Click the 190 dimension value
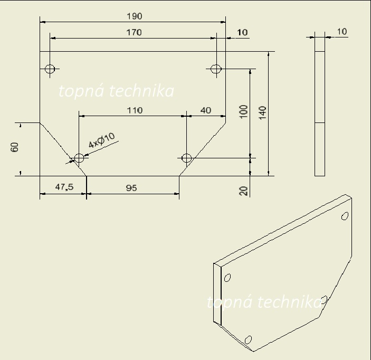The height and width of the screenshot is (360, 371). click(135, 16)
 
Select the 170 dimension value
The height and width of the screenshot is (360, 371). click(134, 32)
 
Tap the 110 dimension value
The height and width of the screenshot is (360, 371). click(135, 110)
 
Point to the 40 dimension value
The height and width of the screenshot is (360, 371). click(206, 110)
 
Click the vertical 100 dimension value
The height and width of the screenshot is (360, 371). click(243, 111)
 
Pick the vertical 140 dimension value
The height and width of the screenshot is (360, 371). click(262, 113)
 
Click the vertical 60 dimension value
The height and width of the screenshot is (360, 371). click(14, 147)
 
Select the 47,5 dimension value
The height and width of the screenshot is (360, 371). click(64, 187)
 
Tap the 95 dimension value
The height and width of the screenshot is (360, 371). click(131, 188)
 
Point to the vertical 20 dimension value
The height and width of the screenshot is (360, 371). click(243, 191)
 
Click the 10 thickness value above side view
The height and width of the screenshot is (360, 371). click(341, 32)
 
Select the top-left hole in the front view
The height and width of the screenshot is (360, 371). click(50, 69)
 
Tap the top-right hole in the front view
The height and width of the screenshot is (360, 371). click(216, 69)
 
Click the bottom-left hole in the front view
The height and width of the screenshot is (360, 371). click(79, 158)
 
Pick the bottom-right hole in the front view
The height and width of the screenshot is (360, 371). click(186, 158)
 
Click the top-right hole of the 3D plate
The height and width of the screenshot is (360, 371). click(345, 216)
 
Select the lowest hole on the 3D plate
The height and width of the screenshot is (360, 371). click(248, 339)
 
